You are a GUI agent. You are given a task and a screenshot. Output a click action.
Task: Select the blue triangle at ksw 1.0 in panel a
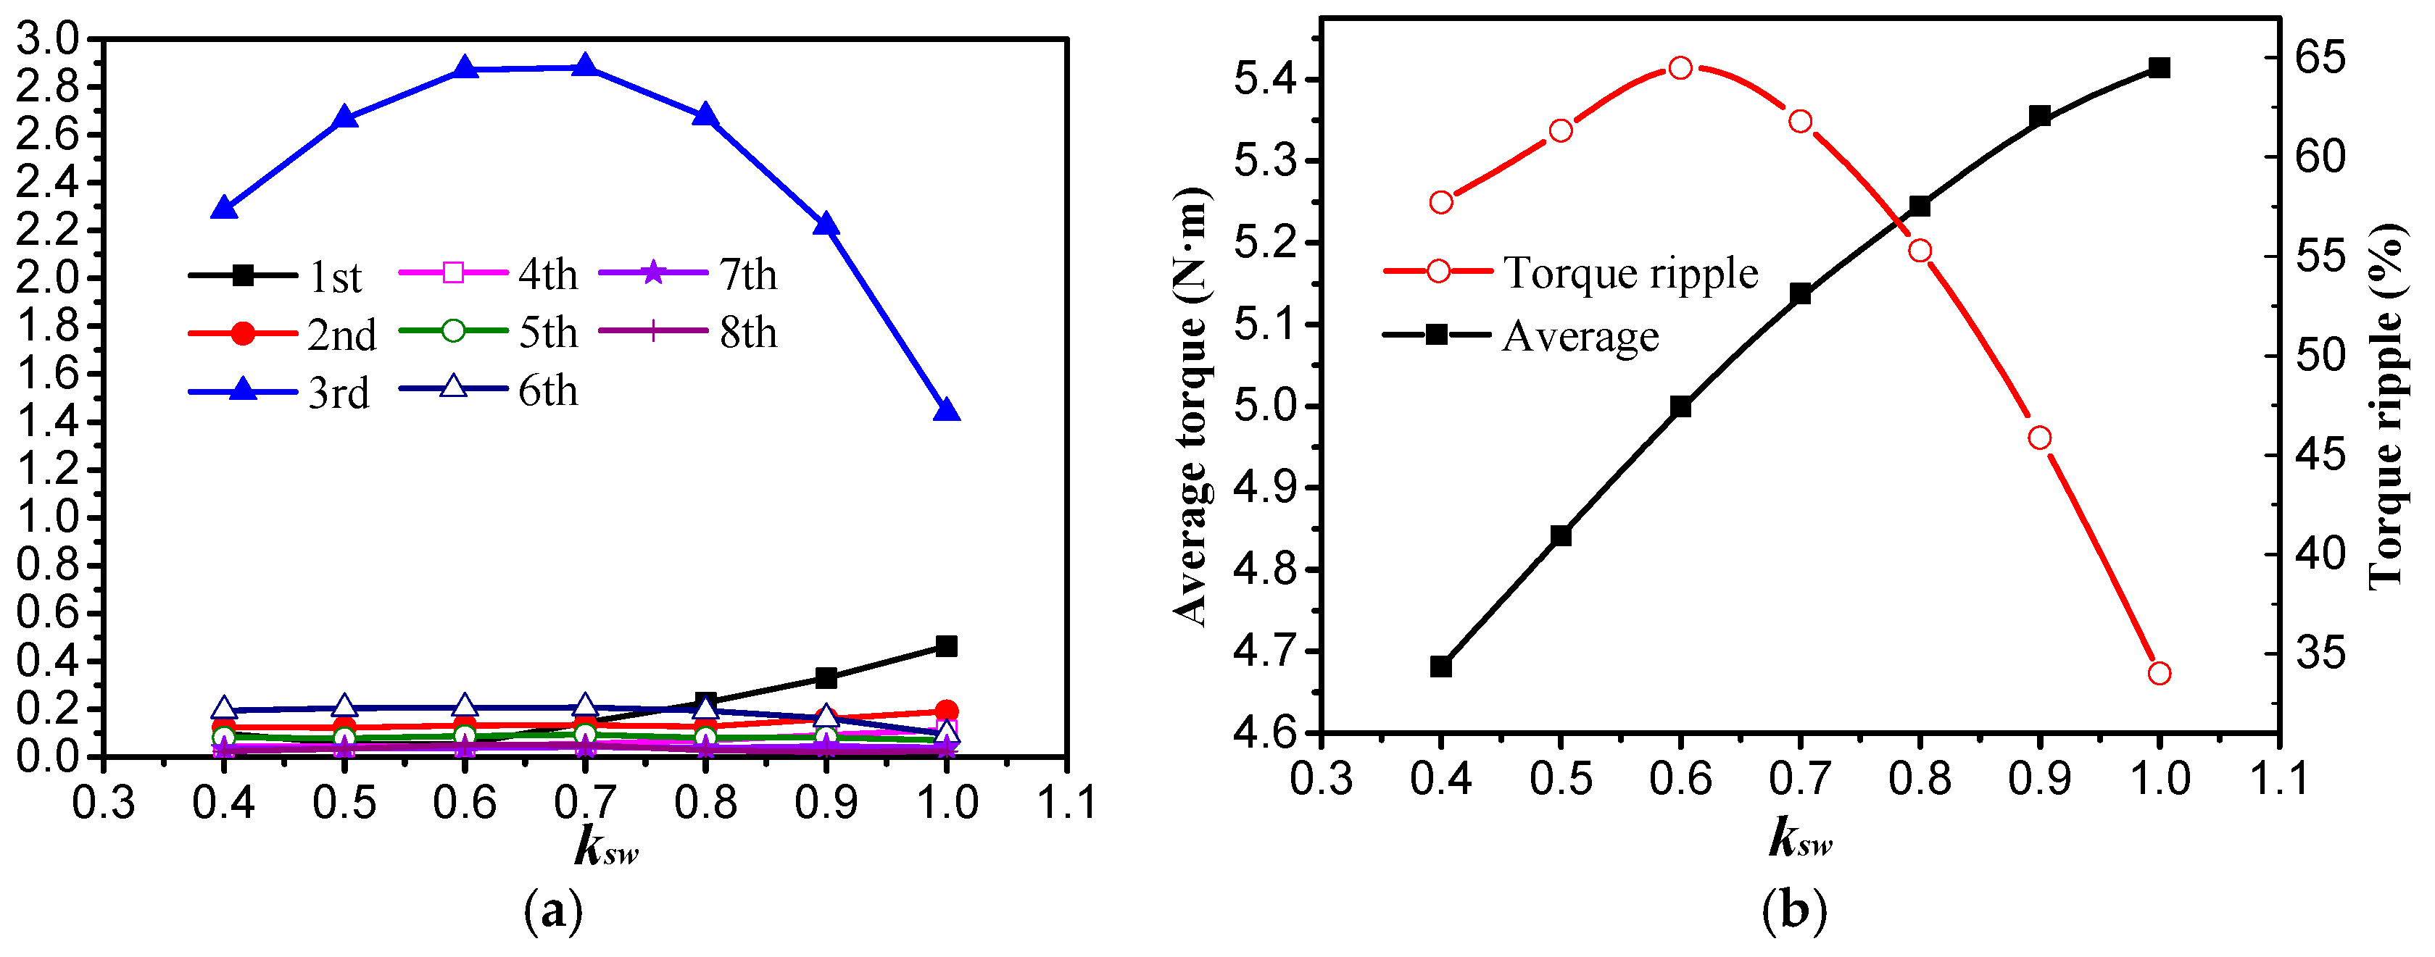pos(946,410)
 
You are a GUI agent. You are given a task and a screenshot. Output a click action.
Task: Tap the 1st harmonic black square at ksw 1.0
pos(946,646)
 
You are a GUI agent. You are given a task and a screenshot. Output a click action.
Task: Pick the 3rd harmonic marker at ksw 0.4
pos(224,208)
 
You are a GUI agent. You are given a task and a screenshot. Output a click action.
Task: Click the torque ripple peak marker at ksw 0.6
pos(1680,67)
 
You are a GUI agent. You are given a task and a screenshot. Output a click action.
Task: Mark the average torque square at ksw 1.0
pos(2159,67)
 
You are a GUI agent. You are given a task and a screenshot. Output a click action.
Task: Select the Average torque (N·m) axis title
pos(1191,406)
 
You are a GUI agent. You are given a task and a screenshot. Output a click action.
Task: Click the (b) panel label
pos(1794,911)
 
